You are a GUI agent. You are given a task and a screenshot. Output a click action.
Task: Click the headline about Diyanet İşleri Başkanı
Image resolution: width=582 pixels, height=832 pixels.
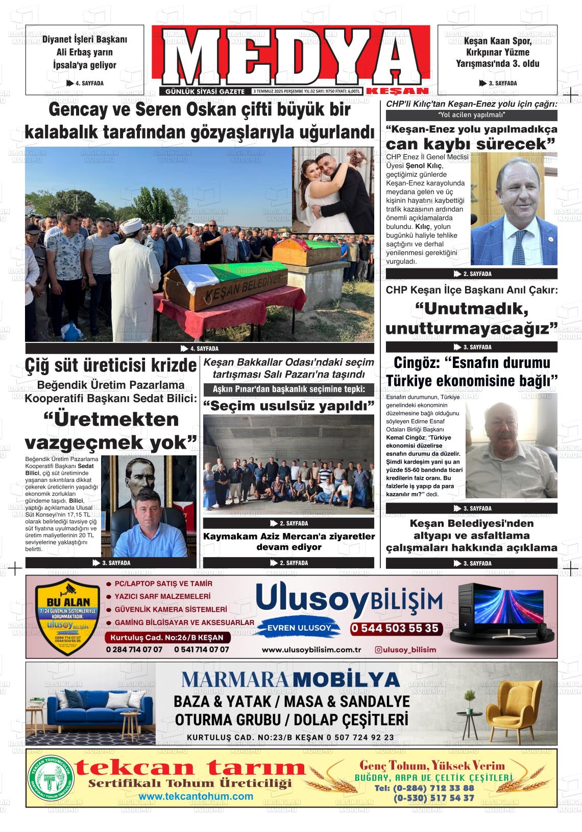pos(85,52)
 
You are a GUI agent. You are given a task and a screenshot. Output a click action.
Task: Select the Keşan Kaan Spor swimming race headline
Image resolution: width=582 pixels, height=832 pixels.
pos(497,52)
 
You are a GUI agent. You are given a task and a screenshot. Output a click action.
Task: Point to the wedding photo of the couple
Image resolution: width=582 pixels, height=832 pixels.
pos(332,190)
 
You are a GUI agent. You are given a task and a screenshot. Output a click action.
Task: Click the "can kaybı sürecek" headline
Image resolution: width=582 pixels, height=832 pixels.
pos(470,144)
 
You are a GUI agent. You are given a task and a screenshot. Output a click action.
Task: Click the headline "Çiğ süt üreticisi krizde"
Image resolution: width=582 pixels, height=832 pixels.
pos(111,365)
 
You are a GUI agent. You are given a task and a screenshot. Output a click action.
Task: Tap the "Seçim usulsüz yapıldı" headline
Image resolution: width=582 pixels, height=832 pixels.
pos(288,406)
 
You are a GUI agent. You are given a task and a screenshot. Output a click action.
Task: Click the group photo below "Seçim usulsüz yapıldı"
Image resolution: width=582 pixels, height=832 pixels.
pos(288,466)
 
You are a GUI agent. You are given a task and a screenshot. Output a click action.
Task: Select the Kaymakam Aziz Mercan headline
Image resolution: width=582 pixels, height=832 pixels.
pos(288,542)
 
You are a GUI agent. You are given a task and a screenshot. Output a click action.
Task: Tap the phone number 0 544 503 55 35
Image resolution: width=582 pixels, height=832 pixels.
pos(395,628)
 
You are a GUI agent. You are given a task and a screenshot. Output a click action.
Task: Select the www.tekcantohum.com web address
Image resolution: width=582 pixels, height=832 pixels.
pos(196,796)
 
